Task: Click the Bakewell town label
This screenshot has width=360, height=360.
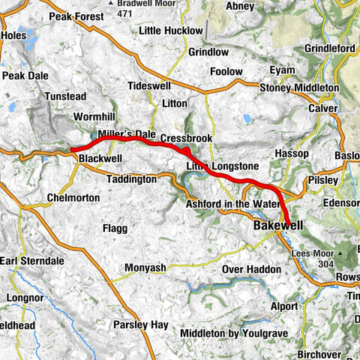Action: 277,225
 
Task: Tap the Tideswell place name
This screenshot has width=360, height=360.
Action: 151,85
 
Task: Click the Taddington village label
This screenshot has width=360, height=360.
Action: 130,180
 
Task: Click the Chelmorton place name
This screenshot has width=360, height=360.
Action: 73,198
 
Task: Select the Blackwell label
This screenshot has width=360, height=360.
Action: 100,159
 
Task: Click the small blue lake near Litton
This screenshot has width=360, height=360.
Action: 246,118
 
